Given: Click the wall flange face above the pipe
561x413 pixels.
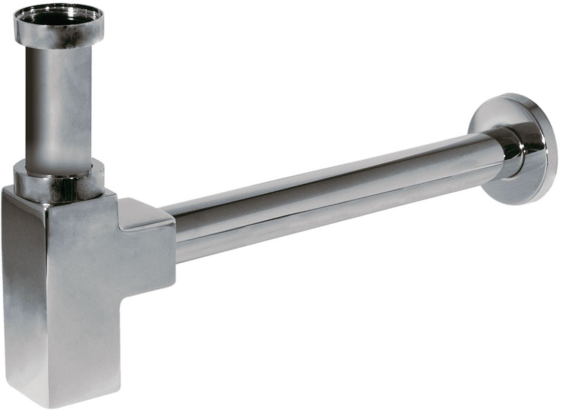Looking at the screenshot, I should coord(501,108).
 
